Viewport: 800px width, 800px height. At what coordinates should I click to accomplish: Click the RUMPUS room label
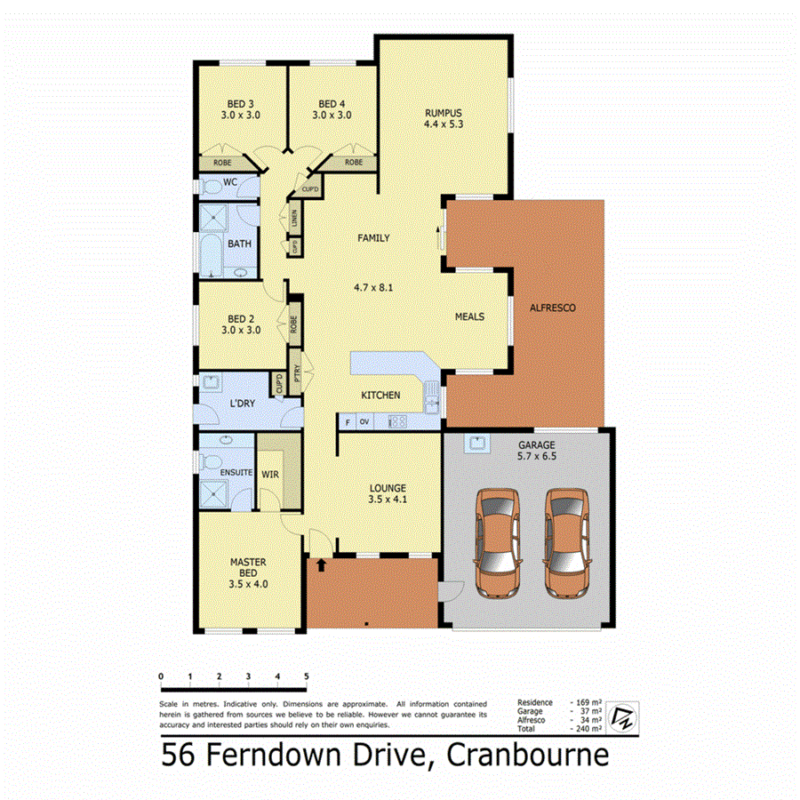point(444,113)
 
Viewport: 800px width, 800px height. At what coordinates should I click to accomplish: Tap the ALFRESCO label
point(553,308)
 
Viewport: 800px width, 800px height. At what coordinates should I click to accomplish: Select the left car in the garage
point(499,541)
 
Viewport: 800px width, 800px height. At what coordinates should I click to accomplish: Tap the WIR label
point(270,475)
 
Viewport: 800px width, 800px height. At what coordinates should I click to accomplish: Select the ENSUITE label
point(236,472)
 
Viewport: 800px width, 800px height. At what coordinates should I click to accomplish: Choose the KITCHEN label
point(380,395)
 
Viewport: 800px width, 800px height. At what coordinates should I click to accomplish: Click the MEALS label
point(469,316)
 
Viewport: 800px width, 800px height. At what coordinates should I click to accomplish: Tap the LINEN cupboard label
point(293,216)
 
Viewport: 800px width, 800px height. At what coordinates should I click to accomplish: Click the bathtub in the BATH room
point(211,255)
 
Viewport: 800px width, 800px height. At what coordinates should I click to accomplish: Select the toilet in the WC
point(212,188)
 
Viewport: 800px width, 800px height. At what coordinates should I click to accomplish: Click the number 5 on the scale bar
point(307,677)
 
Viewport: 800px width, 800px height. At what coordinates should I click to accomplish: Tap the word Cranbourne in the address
point(528,756)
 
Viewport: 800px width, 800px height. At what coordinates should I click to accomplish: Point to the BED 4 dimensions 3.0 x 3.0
point(332,115)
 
